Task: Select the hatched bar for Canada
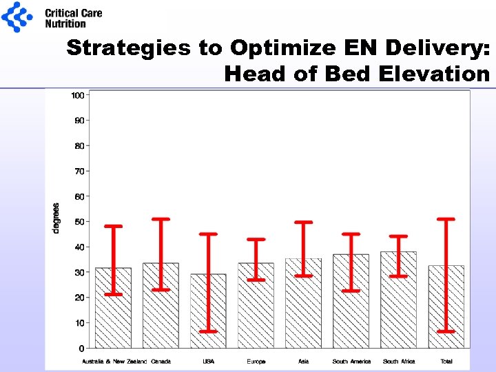161,307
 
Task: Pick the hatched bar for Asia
303,303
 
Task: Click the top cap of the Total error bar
446,219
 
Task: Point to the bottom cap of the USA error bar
208,331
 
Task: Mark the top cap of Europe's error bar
256,239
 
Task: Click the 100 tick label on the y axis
77,95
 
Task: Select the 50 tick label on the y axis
79,222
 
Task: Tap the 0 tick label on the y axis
81,349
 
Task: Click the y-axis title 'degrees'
56,218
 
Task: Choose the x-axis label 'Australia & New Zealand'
114,362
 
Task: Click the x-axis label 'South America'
351,362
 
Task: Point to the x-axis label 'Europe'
256,362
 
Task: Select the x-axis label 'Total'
446,362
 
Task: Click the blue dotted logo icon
17,17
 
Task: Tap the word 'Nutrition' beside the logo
65,23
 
